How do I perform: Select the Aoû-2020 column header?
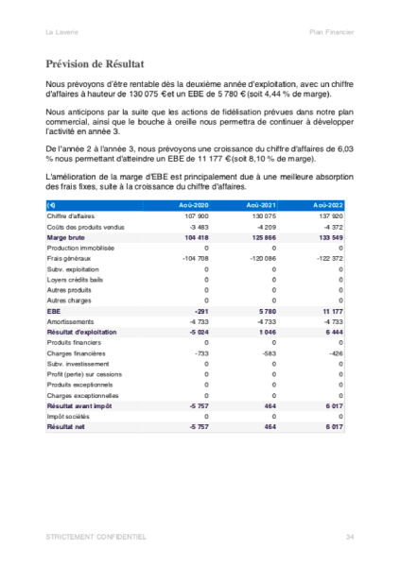coord(194,205)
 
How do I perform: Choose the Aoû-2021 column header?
coord(261,205)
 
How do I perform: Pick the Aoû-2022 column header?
coord(329,205)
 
